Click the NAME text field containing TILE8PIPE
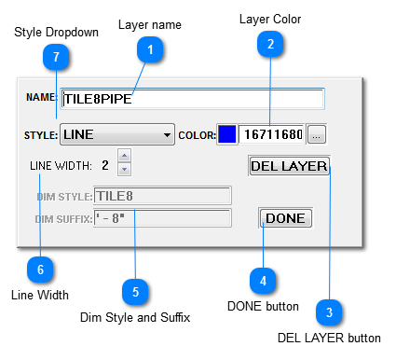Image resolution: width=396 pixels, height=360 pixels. [192, 99]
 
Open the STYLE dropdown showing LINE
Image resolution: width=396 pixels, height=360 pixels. [117, 134]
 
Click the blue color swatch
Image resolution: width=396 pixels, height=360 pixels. [227, 134]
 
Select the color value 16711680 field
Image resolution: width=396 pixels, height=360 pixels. [271, 134]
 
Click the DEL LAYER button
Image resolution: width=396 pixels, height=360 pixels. [289, 166]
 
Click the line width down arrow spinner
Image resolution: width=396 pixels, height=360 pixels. [124, 171]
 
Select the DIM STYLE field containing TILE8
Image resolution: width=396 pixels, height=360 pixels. [161, 196]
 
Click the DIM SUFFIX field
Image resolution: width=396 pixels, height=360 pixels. [161, 218]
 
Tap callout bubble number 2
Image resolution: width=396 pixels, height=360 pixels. [270, 43]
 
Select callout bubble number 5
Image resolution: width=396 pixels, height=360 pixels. [135, 292]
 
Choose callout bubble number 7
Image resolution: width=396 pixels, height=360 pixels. [56, 58]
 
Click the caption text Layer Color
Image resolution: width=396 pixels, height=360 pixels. [270, 19]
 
